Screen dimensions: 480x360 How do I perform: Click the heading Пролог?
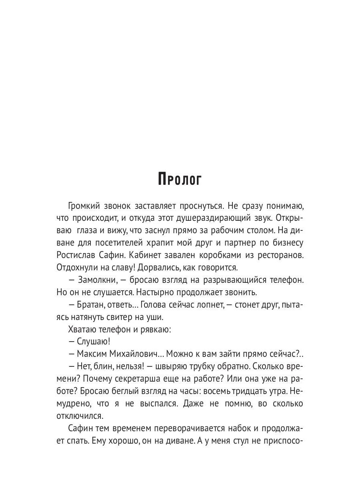click(x=180, y=179)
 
